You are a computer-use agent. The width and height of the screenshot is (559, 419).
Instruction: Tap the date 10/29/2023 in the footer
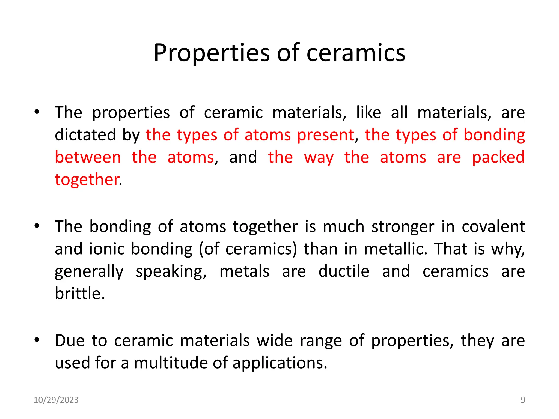point(56,400)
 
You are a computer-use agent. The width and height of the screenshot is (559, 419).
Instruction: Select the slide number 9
point(523,400)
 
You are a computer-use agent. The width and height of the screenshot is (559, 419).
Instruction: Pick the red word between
point(88,157)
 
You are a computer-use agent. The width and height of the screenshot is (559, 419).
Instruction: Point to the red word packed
point(498,157)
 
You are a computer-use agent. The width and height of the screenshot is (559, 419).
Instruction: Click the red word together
point(87,180)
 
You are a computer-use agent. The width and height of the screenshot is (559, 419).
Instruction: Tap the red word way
point(319,157)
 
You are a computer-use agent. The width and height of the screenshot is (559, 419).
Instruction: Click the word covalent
point(493,226)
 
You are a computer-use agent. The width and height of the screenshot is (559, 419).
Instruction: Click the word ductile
point(344,271)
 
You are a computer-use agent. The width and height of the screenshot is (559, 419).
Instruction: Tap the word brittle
point(79,294)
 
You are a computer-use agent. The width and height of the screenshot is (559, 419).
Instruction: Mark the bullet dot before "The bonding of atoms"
point(37,226)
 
